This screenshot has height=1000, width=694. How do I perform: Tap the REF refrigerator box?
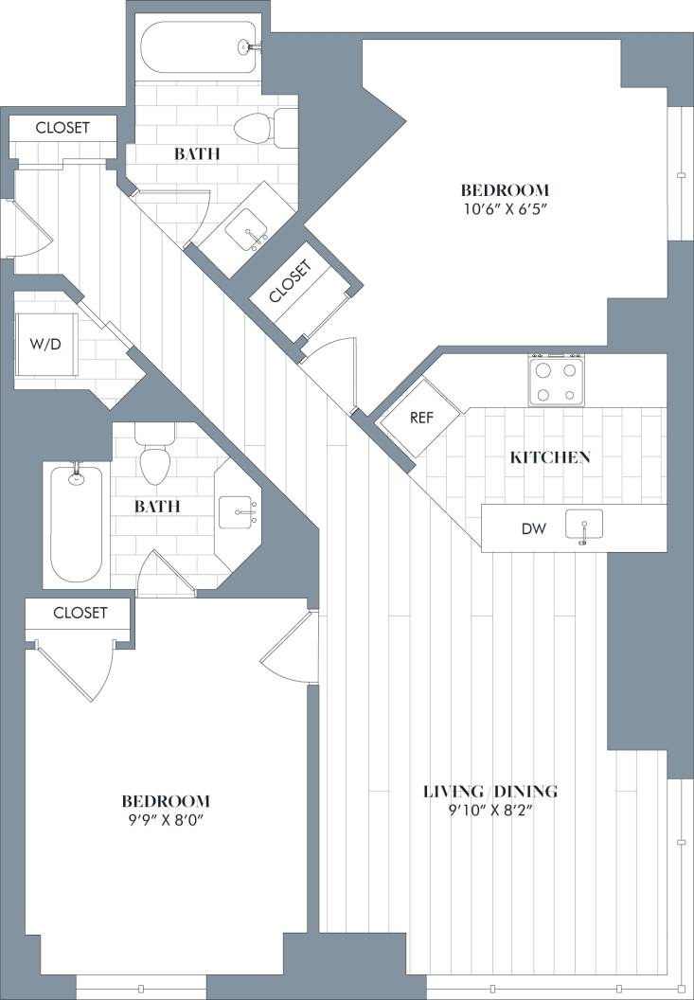420,417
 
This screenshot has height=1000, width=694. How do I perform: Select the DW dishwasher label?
533,527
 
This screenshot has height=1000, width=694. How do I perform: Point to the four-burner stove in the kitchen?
557,381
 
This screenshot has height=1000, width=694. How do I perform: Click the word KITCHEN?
550,457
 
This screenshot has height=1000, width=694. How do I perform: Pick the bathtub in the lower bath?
76,523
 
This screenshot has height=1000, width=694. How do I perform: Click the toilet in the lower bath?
154,455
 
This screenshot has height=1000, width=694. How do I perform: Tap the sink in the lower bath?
238,511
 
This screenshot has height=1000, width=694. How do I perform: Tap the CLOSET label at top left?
62,128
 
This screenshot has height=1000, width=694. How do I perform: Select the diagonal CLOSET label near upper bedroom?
289,282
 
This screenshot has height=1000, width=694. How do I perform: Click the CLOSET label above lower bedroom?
80,613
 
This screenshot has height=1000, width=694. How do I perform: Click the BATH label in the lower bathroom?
156,507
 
